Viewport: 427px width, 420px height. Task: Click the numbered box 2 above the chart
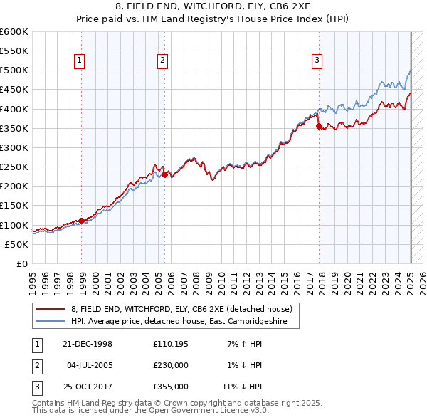click(162, 61)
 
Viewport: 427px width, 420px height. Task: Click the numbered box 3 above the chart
click(316, 61)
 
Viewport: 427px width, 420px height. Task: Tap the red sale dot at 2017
click(319, 127)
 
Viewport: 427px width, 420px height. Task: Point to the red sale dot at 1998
click(82, 221)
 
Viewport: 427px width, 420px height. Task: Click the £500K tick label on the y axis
click(14, 70)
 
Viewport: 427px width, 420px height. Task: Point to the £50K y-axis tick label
click(16, 244)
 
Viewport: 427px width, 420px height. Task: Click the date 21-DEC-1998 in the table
click(88, 344)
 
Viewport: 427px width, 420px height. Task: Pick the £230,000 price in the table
click(171, 365)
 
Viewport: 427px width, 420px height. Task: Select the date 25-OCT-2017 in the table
click(88, 387)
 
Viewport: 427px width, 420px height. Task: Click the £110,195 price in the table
click(171, 344)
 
